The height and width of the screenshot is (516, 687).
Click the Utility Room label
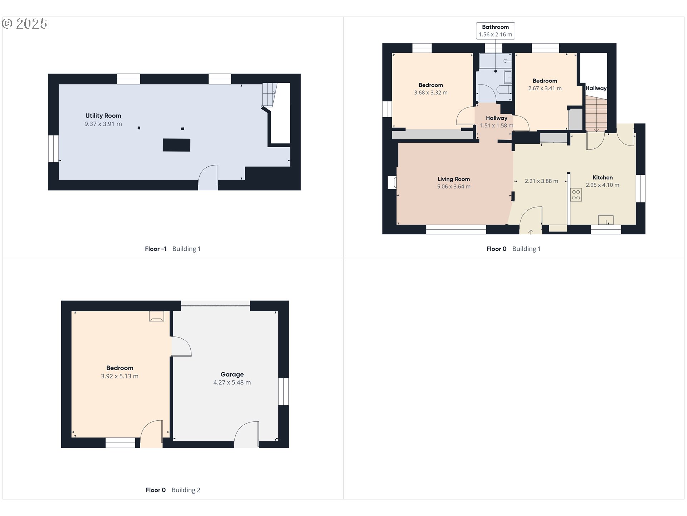tap(103, 116)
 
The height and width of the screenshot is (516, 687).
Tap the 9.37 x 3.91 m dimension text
tap(103, 124)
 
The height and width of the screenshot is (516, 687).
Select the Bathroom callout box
tap(495, 31)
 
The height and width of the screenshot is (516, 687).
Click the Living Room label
tap(453, 179)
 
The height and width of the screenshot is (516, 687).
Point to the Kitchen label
tap(603, 177)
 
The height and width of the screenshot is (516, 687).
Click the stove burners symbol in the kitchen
tap(576, 195)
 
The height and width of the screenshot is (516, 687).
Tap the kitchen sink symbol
tap(606, 219)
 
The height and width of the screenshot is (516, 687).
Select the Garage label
tap(232, 374)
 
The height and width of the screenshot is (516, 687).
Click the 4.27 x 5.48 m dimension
tap(232, 383)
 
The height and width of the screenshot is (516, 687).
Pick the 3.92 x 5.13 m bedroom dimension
tap(120, 376)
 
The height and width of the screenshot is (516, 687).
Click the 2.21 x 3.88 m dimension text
tap(541, 181)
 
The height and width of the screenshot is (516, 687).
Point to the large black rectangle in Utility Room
tap(176, 145)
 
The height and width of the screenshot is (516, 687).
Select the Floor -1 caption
tap(156, 249)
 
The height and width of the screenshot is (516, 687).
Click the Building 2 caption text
tap(186, 490)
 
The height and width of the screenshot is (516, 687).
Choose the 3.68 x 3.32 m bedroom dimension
tap(430, 93)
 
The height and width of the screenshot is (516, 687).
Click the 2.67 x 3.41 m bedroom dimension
tap(545, 89)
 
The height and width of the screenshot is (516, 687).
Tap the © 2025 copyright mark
tap(24, 24)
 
